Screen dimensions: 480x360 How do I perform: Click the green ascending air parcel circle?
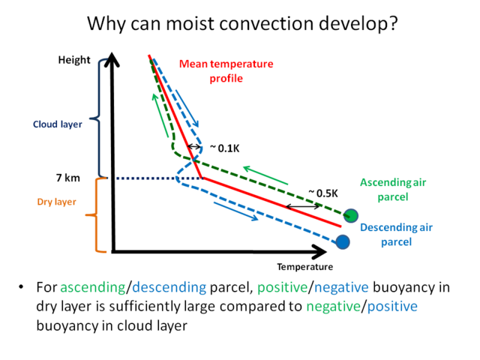(350, 215)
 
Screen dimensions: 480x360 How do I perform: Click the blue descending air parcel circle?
(343, 241)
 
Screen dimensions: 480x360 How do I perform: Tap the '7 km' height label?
(68, 178)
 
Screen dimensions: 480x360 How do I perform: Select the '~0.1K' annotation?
(225, 148)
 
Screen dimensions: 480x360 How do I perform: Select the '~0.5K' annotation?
(323, 193)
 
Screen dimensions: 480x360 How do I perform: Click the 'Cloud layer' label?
(58, 124)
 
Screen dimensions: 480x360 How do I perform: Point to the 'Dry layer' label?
(57, 202)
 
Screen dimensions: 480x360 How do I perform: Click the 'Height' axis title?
(74, 60)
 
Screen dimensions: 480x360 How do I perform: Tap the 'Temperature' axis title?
(305, 267)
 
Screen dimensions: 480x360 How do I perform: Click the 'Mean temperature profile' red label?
(226, 71)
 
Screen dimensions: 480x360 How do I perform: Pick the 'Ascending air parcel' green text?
(393, 190)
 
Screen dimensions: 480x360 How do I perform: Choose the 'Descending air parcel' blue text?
(396, 235)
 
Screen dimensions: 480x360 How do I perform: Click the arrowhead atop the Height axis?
(112, 59)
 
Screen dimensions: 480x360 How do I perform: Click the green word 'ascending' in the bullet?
(93, 288)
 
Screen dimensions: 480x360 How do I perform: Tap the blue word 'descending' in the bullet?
(169, 287)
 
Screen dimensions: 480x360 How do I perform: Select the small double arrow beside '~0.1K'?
(194, 147)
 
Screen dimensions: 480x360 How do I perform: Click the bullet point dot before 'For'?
(21, 286)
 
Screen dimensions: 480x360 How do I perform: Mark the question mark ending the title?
(392, 23)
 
